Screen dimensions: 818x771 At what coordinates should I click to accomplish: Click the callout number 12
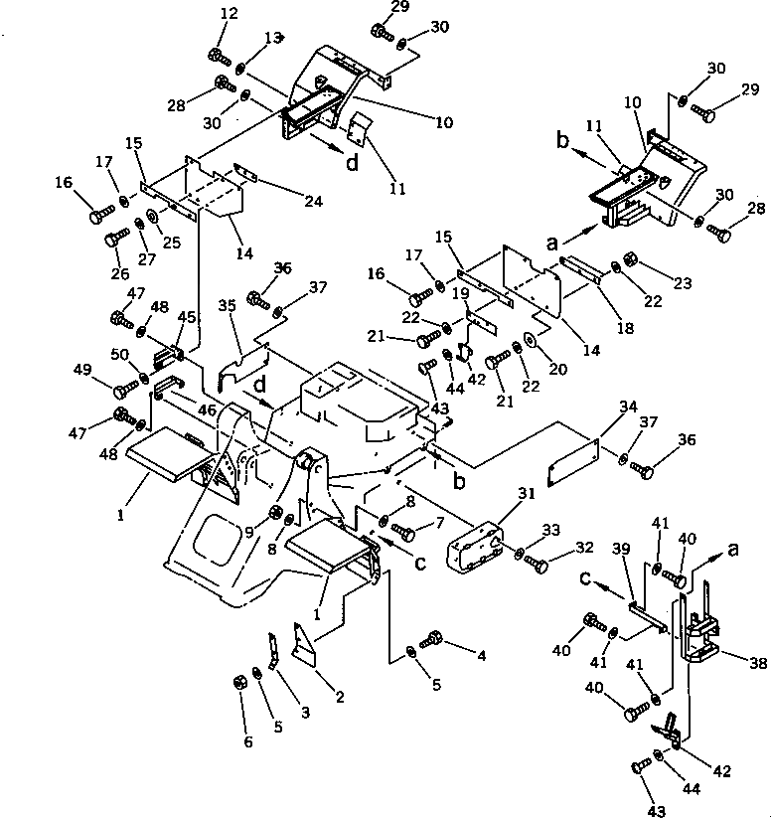230,14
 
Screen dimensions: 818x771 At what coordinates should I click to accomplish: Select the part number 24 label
314,201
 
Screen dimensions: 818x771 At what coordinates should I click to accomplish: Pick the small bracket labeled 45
168,354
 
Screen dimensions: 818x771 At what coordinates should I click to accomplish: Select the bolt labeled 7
401,531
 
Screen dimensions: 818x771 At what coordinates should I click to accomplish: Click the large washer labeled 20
530,343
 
